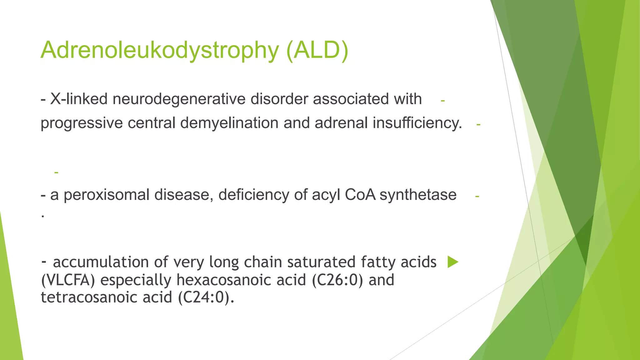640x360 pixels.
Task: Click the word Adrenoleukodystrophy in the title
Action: pos(159,50)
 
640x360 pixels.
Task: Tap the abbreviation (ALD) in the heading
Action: pos(317,50)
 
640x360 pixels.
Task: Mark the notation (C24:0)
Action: pos(206,297)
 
